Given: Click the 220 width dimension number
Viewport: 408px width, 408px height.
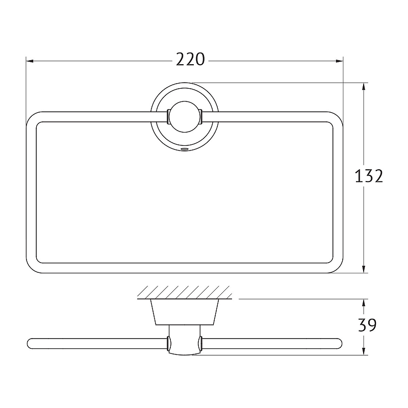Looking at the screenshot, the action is coord(190,60).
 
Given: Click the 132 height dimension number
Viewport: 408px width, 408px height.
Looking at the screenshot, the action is coord(369,175).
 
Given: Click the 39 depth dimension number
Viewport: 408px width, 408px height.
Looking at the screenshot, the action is coord(367,325).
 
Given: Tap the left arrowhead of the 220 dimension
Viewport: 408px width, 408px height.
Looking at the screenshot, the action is coord(30,61).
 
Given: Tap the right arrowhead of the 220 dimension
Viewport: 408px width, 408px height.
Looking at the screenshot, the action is coord(339,61).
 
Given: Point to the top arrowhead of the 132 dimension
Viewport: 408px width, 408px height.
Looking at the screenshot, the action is coord(364,87).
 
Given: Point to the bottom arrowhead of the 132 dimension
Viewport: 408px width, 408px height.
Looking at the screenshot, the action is coord(364,269).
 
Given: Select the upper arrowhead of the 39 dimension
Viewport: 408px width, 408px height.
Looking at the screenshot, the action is coord(364,303).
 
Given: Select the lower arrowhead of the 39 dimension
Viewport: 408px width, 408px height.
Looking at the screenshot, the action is coord(364,351).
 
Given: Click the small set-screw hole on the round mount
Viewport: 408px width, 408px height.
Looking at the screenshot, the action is coord(185,149).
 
